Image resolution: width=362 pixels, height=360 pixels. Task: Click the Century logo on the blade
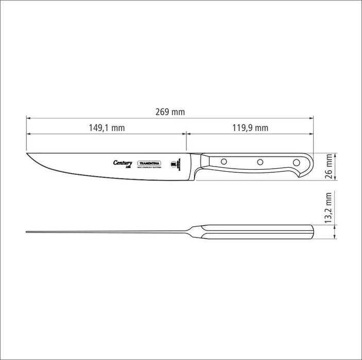coord(123,163)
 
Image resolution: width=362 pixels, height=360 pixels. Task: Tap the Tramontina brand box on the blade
coord(150,163)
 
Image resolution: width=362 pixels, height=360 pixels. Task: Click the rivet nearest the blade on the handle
coord(224,162)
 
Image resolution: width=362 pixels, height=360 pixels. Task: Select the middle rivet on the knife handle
coord(260,162)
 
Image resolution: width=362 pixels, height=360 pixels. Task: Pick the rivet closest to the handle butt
coord(296,162)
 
